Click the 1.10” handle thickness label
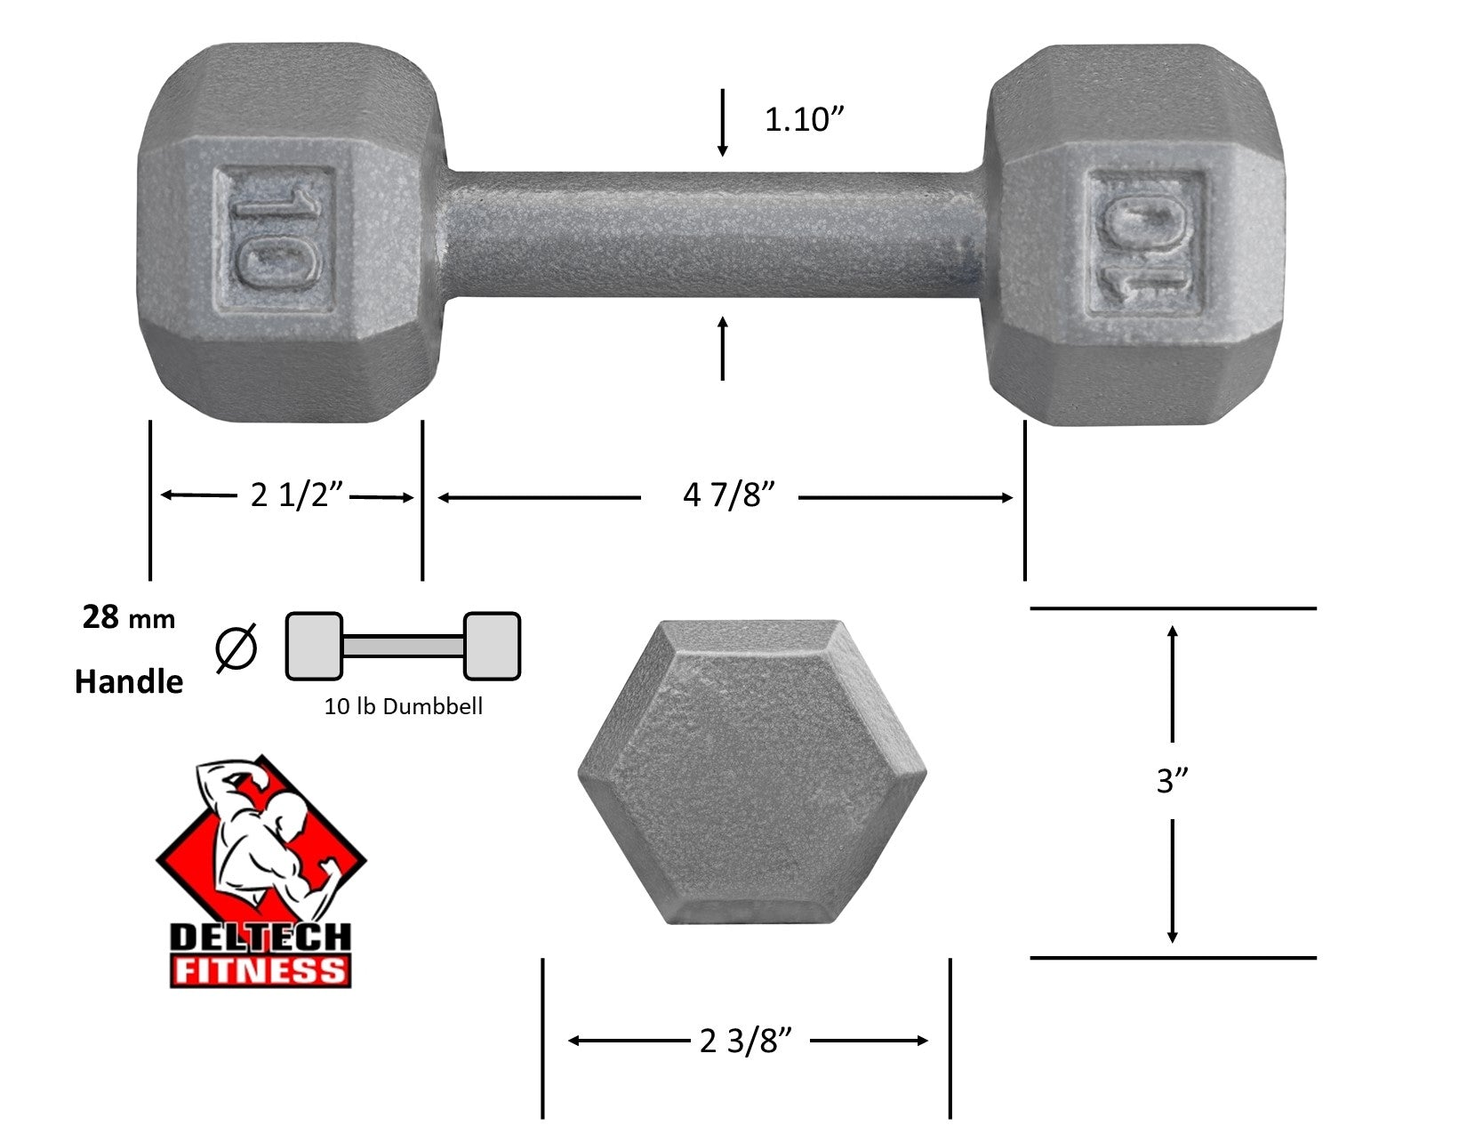pyautogui.click(x=805, y=119)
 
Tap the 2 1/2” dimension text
pyautogui.click(x=297, y=495)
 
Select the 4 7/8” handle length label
pyautogui.click(x=729, y=495)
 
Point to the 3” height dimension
pyautogui.click(x=1172, y=781)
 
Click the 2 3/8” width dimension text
pyautogui.click(x=745, y=1041)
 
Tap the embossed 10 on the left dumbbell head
pyautogui.click(x=274, y=241)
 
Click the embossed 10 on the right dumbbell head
pyautogui.click(x=1147, y=241)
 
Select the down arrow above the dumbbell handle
pyautogui.click(x=722, y=122)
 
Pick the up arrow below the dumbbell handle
pyautogui.click(x=722, y=349)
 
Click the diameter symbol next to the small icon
pyautogui.click(x=236, y=647)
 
